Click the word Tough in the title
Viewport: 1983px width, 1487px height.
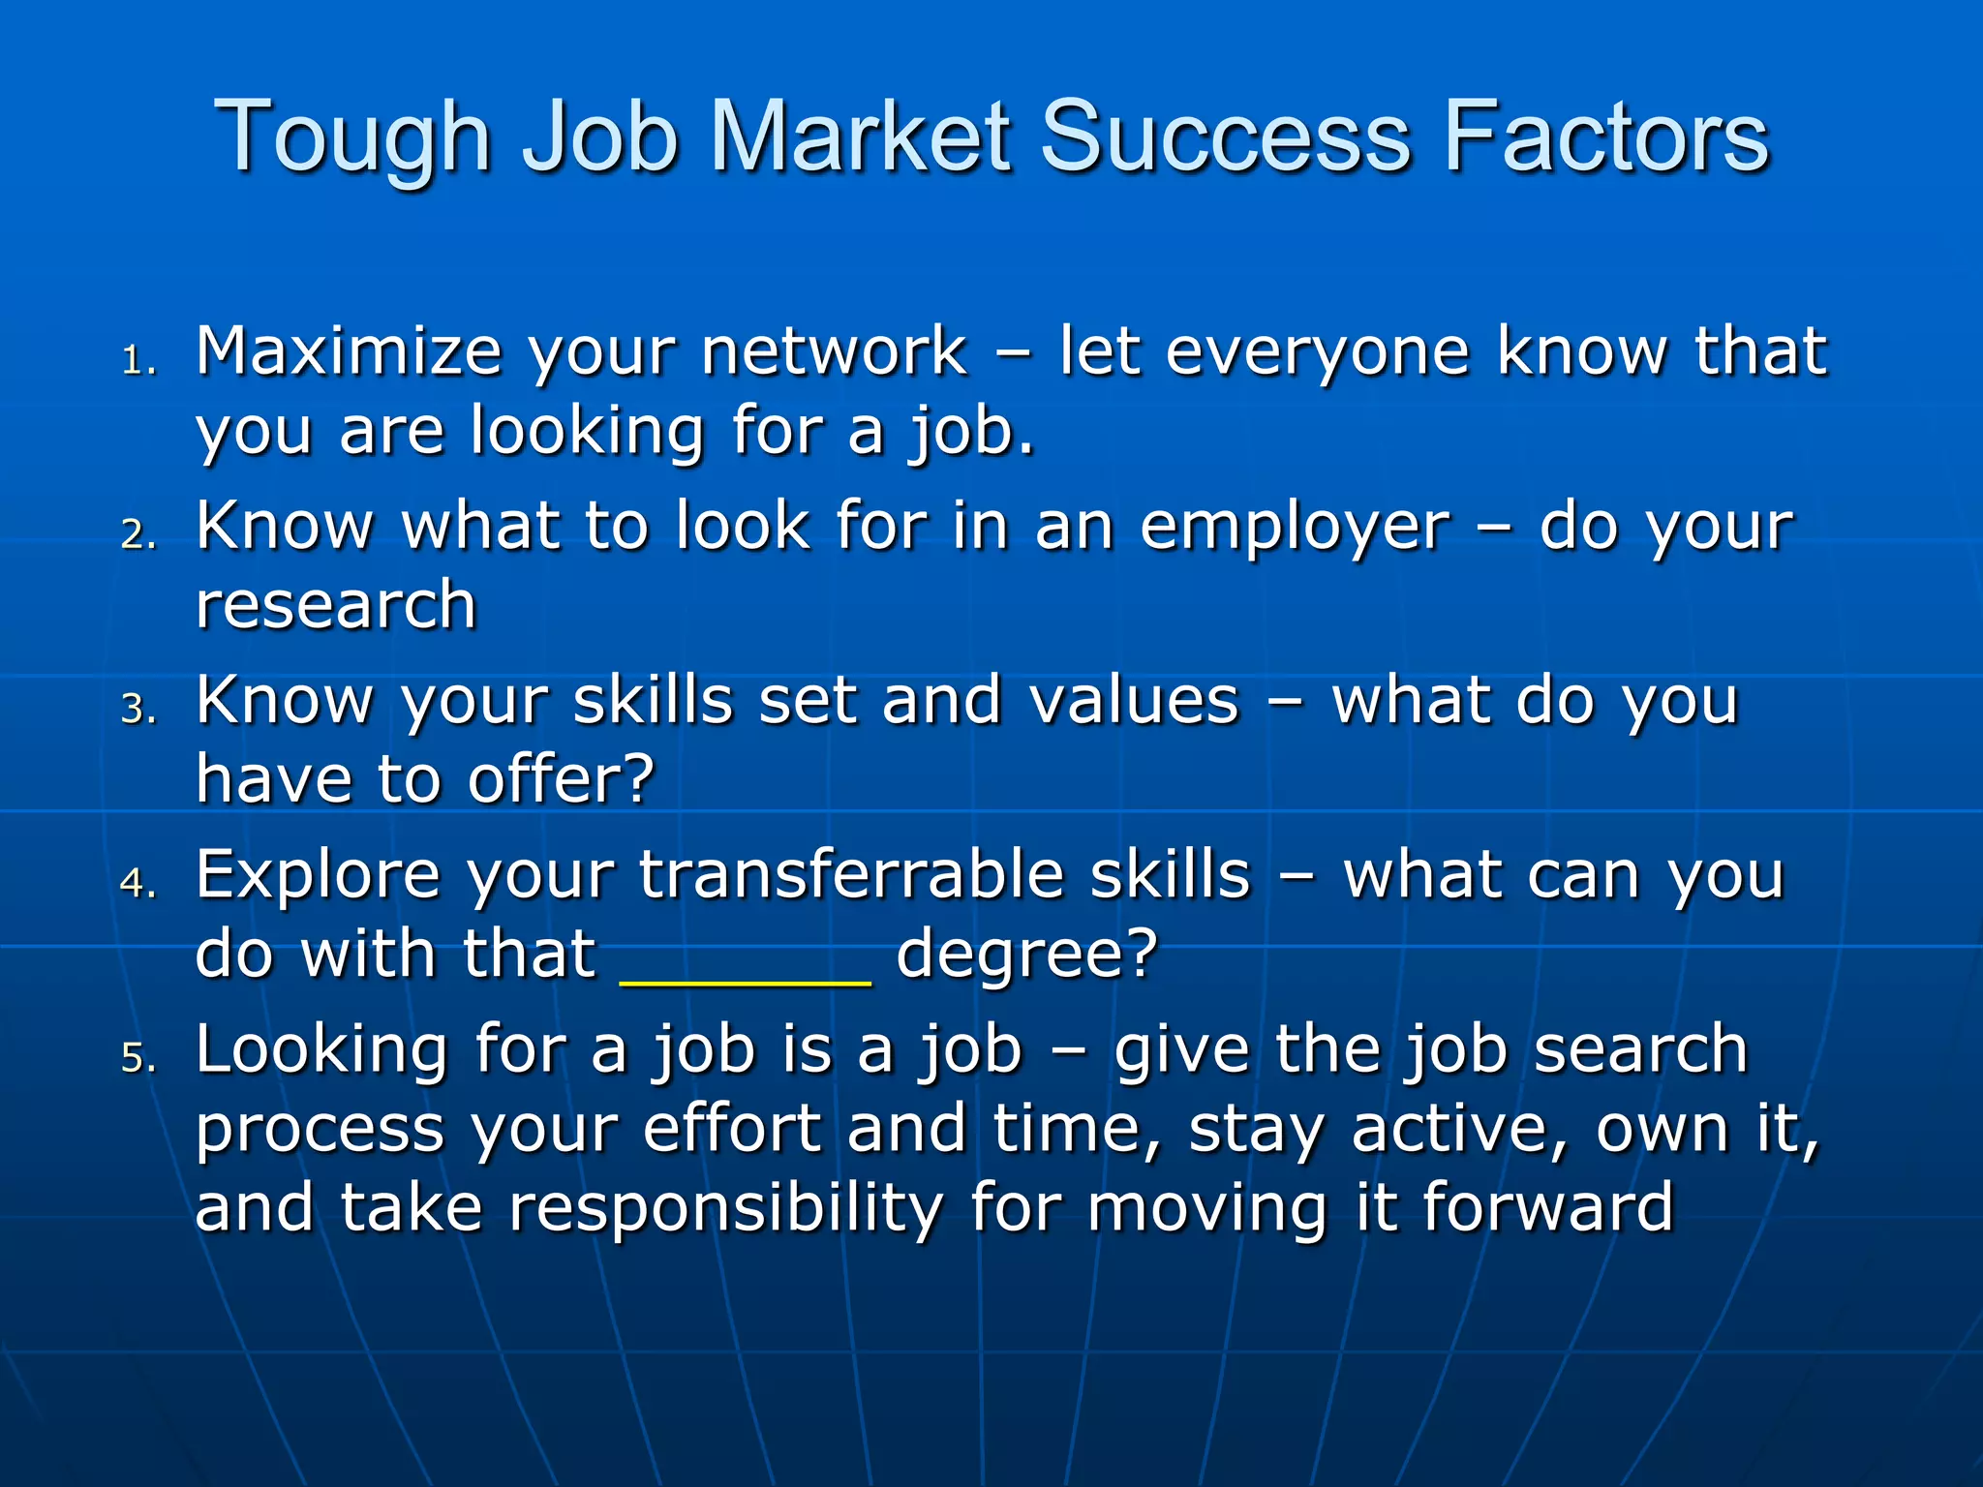point(352,137)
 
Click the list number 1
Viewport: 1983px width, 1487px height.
point(137,361)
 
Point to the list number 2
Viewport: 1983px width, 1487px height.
point(137,534)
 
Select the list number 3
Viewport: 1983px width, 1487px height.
point(137,709)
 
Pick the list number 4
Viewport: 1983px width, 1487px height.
point(137,883)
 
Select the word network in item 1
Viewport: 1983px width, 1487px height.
point(834,350)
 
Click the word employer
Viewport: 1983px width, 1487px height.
point(1295,529)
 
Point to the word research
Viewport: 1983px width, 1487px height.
point(336,605)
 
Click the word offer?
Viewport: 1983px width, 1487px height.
point(562,779)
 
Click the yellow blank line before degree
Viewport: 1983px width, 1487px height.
point(746,980)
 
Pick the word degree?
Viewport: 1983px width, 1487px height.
point(1026,956)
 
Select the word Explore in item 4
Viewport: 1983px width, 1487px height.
point(318,875)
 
